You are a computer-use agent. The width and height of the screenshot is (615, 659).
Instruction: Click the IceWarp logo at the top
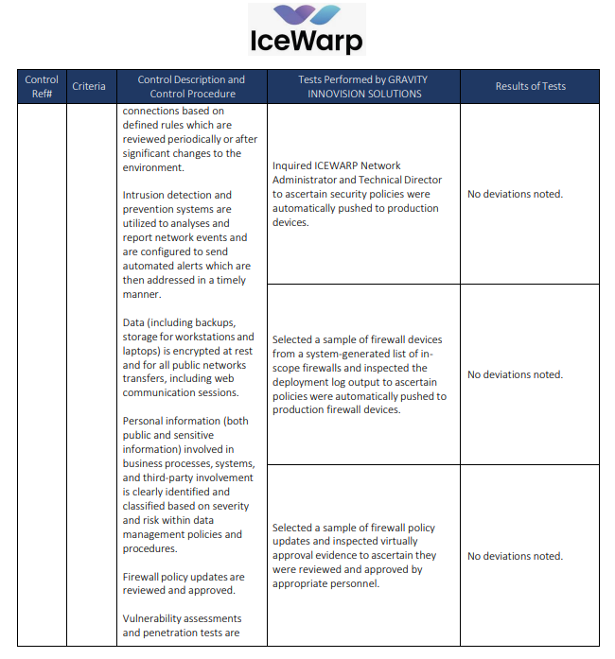pyautogui.click(x=307, y=30)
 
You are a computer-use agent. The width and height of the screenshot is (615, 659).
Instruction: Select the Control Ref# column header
pyautogui.click(x=42, y=86)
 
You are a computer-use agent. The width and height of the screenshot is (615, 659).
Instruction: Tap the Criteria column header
pyautogui.click(x=89, y=86)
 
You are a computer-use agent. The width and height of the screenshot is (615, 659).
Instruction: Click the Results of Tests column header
pyautogui.click(x=530, y=86)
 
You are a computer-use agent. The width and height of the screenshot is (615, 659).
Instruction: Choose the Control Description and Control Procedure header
pyautogui.click(x=191, y=86)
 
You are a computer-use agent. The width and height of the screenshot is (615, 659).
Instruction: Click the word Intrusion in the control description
pyautogui.click(x=145, y=195)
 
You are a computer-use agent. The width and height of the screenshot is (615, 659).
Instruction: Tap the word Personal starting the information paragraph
pyautogui.click(x=145, y=421)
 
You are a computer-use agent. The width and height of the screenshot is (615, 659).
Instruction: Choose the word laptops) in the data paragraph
pyautogui.click(x=145, y=351)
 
